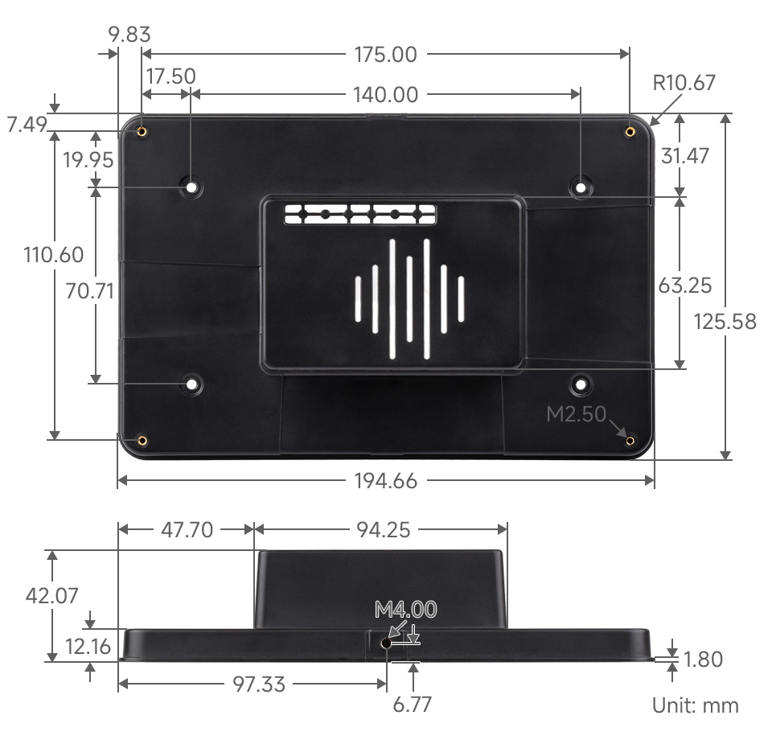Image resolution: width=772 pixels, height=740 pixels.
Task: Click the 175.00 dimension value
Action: coord(385,55)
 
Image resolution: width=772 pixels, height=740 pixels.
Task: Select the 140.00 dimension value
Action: coord(385,95)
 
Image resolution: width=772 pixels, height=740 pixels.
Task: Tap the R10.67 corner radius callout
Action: coord(684,83)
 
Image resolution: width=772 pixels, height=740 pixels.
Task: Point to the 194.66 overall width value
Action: coord(385,481)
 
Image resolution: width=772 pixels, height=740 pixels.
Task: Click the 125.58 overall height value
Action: coord(725,322)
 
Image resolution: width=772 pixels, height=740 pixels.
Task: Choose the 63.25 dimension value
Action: coord(685,286)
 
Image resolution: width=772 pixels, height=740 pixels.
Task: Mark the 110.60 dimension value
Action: coord(54,255)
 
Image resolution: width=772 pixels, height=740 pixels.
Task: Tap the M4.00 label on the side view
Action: coord(405,610)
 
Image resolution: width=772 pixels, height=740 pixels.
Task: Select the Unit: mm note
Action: coord(695,705)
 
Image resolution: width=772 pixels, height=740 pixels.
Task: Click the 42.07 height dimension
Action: coord(52,596)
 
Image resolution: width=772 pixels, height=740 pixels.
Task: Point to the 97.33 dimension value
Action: coord(258,684)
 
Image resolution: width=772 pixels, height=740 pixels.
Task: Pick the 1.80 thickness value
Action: coord(702,660)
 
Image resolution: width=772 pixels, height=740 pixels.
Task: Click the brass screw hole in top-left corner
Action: coord(142,131)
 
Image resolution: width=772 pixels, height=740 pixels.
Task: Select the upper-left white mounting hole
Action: coord(191,187)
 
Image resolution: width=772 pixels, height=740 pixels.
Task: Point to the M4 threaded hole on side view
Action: coord(386,643)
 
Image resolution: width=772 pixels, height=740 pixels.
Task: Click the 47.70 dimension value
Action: coord(187,529)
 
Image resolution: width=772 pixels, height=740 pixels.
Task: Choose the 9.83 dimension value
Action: coord(129,35)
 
